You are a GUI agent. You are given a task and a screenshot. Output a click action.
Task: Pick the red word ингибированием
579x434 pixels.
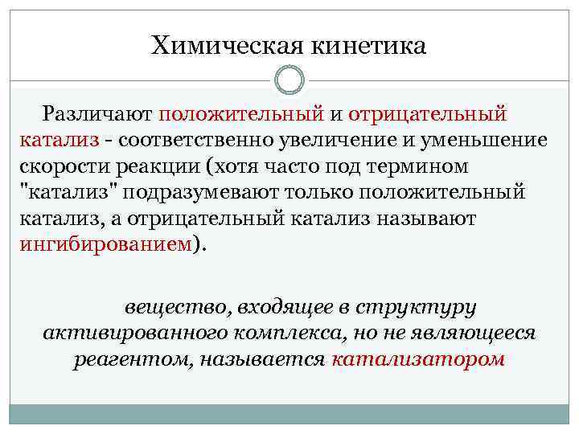[105, 244]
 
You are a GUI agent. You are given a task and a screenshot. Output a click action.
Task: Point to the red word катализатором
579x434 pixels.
[417, 359]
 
